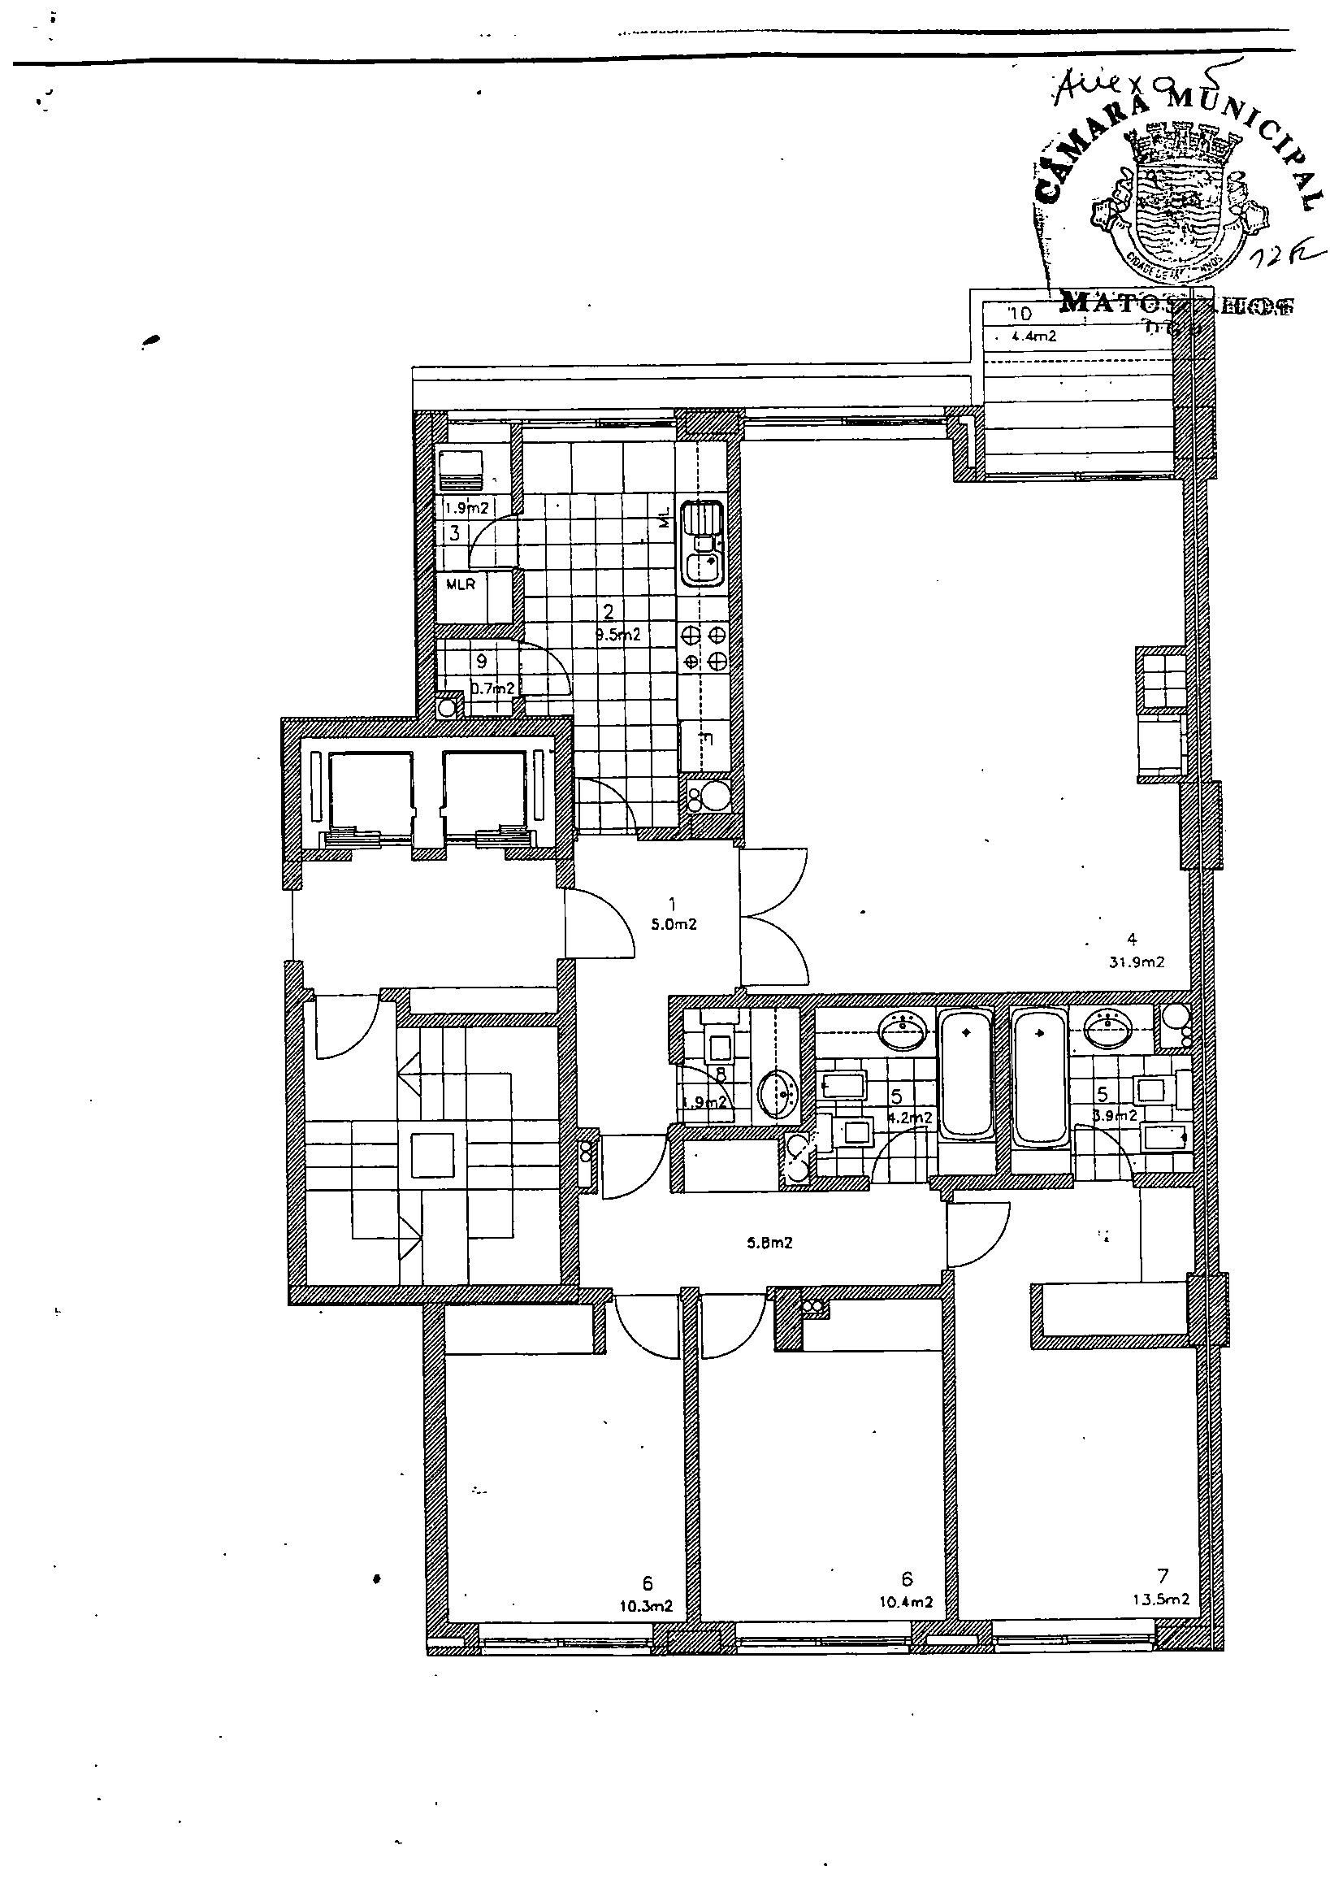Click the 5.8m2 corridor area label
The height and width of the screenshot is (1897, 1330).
click(x=770, y=1242)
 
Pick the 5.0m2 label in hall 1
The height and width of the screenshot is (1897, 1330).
click(x=674, y=925)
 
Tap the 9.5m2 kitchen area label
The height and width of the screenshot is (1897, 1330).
click(x=618, y=635)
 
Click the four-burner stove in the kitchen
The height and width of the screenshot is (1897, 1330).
click(x=704, y=648)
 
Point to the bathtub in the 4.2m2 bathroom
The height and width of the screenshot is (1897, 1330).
click(x=966, y=1076)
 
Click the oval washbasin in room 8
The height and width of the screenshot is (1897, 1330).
click(x=778, y=1096)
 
